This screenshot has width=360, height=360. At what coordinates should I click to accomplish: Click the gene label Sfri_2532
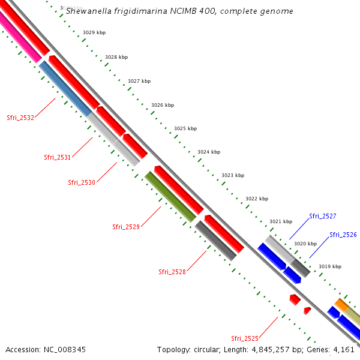[x=20, y=118]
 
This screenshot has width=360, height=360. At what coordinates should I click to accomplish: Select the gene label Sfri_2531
[x=58, y=157]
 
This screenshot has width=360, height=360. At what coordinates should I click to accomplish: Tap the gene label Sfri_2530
[x=82, y=182]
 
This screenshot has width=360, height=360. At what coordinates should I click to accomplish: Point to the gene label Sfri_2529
[x=126, y=227]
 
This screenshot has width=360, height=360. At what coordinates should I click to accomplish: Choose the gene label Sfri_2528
[x=172, y=272]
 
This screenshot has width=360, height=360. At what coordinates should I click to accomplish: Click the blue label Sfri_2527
[x=323, y=216]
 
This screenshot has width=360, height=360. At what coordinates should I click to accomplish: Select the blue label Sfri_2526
[x=343, y=235]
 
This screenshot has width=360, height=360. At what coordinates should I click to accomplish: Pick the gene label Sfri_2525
[x=245, y=338]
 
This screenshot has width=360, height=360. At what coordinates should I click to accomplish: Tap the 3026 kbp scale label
[x=163, y=105]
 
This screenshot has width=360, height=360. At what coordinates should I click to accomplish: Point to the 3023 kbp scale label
[x=233, y=175]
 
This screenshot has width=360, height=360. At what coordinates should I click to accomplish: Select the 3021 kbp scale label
[x=280, y=221]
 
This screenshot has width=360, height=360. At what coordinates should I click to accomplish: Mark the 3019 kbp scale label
[x=329, y=266]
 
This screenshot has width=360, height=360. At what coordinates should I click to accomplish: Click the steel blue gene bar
[x=65, y=88]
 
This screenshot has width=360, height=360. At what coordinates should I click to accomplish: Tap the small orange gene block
[x=341, y=305]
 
